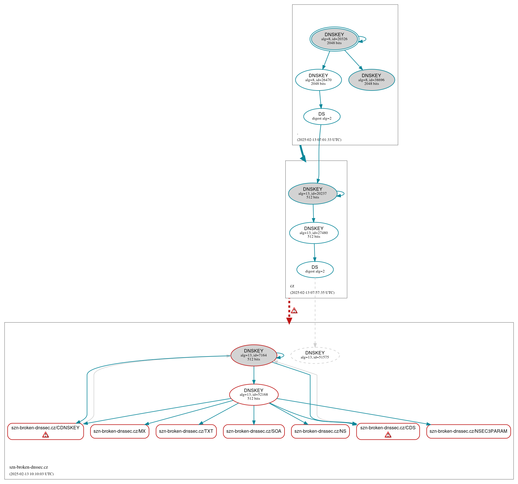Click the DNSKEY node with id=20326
pyautogui.click(x=334, y=39)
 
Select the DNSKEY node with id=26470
pyautogui.click(x=318, y=80)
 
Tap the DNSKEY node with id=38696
pyautogui.click(x=371, y=80)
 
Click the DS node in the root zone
pyautogui.click(x=322, y=116)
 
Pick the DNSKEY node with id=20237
pyautogui.click(x=312, y=193)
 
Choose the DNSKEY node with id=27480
pyautogui.click(x=314, y=233)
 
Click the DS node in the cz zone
pyautogui.click(x=315, y=269)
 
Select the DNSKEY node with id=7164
pyautogui.click(x=253, y=355)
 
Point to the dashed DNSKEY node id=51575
pyautogui.click(x=315, y=355)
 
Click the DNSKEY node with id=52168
pyautogui.click(x=253, y=394)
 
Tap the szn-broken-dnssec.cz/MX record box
pyautogui.click(x=119, y=431)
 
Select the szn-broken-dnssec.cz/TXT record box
pyautogui.click(x=186, y=431)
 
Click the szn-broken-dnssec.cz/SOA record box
pyautogui.click(x=253, y=431)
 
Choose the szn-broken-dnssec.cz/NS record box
pyautogui.click(x=320, y=431)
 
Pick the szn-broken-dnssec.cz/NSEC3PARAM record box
pyautogui.click(x=468, y=431)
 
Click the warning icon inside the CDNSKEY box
pyautogui.click(x=45, y=435)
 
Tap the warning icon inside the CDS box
pyautogui.click(x=388, y=435)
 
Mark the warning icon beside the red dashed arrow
pyautogui.click(x=294, y=310)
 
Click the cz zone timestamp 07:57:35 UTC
pyautogui.click(x=312, y=293)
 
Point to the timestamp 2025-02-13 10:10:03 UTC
pyautogui.click(x=31, y=474)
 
